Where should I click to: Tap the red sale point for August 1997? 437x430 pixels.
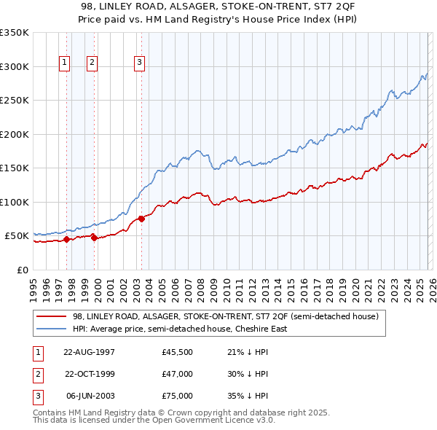click(x=66, y=238)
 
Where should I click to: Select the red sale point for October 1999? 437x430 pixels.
click(x=94, y=237)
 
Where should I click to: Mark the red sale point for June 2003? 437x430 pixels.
click(x=141, y=219)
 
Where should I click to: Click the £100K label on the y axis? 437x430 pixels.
click(x=15, y=202)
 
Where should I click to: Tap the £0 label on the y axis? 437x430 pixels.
click(x=22, y=270)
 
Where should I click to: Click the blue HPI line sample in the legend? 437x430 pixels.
click(x=51, y=329)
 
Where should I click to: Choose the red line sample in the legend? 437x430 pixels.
click(x=51, y=317)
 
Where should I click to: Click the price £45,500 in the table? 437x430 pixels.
click(x=178, y=352)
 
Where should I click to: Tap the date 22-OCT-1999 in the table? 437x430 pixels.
click(x=90, y=374)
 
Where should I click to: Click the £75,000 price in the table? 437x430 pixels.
click(x=178, y=396)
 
